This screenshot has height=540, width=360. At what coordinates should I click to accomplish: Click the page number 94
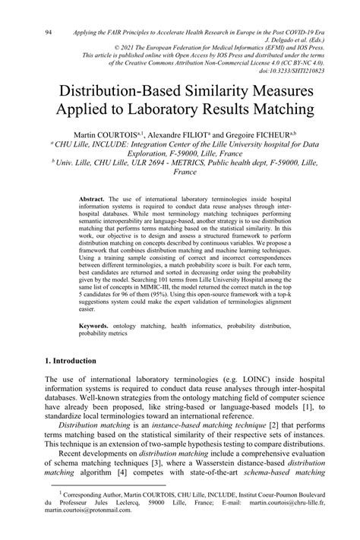[48, 33]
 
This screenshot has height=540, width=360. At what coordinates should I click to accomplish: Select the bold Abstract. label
[94, 198]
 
